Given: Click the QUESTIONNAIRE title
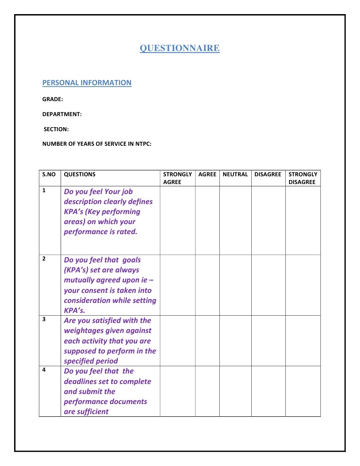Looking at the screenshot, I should (x=179, y=48).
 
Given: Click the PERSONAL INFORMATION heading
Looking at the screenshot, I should (x=86, y=82).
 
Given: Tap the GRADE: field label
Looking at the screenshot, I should (x=52, y=99).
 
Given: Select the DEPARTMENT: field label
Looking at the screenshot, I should (x=62, y=114).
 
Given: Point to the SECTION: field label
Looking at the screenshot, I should (x=56, y=129).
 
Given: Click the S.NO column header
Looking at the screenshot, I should (x=49, y=174).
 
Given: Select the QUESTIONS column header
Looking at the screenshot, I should (x=80, y=174).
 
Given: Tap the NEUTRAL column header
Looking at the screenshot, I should (x=235, y=174).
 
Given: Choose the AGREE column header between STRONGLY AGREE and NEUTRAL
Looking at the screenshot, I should (x=207, y=174).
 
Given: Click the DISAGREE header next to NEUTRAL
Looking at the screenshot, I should (x=268, y=174).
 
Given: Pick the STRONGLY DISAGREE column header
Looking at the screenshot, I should (x=303, y=178).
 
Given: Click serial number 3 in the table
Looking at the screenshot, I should (x=44, y=319).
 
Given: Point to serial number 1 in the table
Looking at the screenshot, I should (x=44, y=190).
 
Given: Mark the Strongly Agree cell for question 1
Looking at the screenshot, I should (x=177, y=220).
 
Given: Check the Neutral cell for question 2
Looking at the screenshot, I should (x=235, y=285).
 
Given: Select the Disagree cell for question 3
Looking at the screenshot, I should (x=268, y=340).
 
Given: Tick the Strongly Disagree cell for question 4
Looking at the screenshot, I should (x=303, y=391).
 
